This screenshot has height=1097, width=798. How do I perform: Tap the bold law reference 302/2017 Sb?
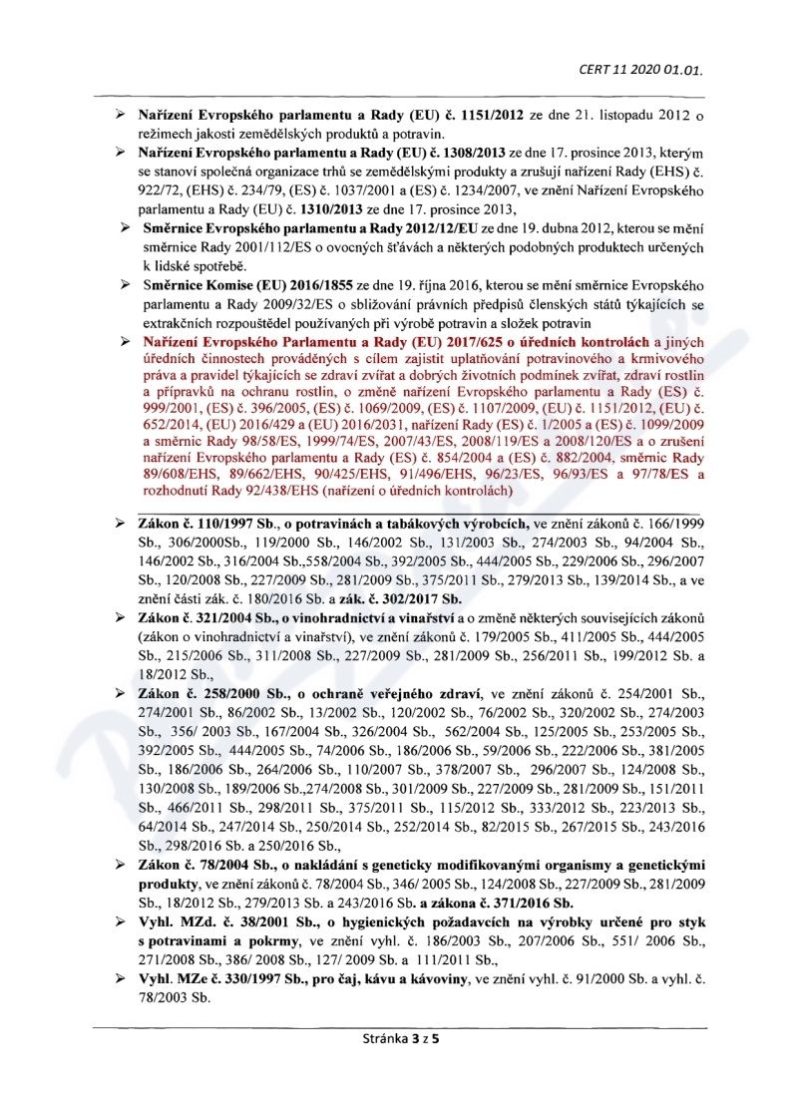coord(416,598)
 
